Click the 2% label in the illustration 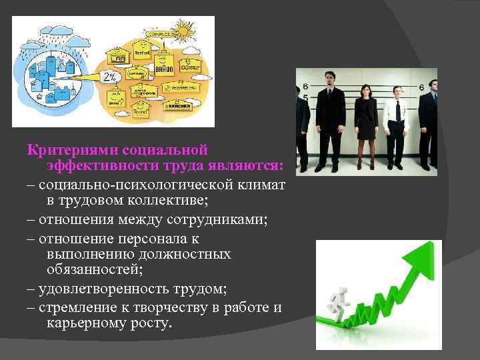pyautogui.click(x=109, y=77)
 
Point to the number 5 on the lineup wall pyautogui.click(x=305, y=97)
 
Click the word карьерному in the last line pyautogui.click(x=86, y=323)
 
